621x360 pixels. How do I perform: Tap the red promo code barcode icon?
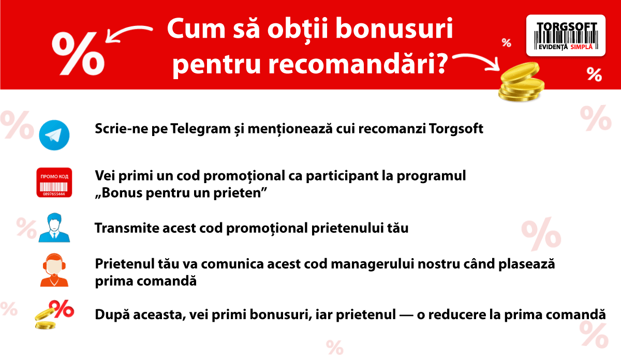[54, 183]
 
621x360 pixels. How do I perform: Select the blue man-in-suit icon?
[54, 227]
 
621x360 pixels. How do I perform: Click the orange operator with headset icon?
[54, 270]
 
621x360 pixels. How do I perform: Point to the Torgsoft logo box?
[565, 35]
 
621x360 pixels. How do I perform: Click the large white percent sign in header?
[78, 52]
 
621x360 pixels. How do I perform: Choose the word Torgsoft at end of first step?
[456, 129]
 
